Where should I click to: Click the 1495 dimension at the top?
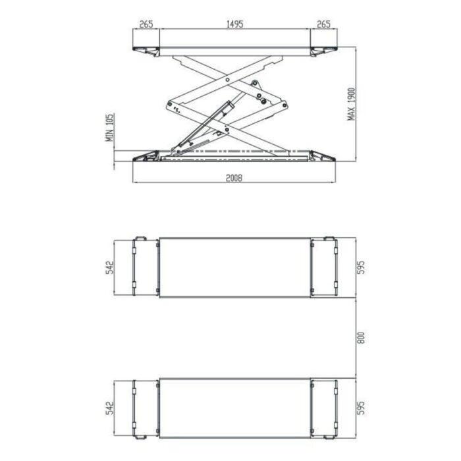[234, 24]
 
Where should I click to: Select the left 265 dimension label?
[146, 24]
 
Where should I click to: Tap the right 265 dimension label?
[323, 24]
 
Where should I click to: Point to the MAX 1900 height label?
[351, 104]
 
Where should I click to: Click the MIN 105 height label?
[110, 127]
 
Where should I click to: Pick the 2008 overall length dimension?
[234, 178]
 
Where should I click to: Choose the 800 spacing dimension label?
[362, 338]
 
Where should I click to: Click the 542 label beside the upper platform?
[109, 267]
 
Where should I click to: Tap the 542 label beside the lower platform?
[109, 408]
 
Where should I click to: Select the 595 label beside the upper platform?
[361, 267]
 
